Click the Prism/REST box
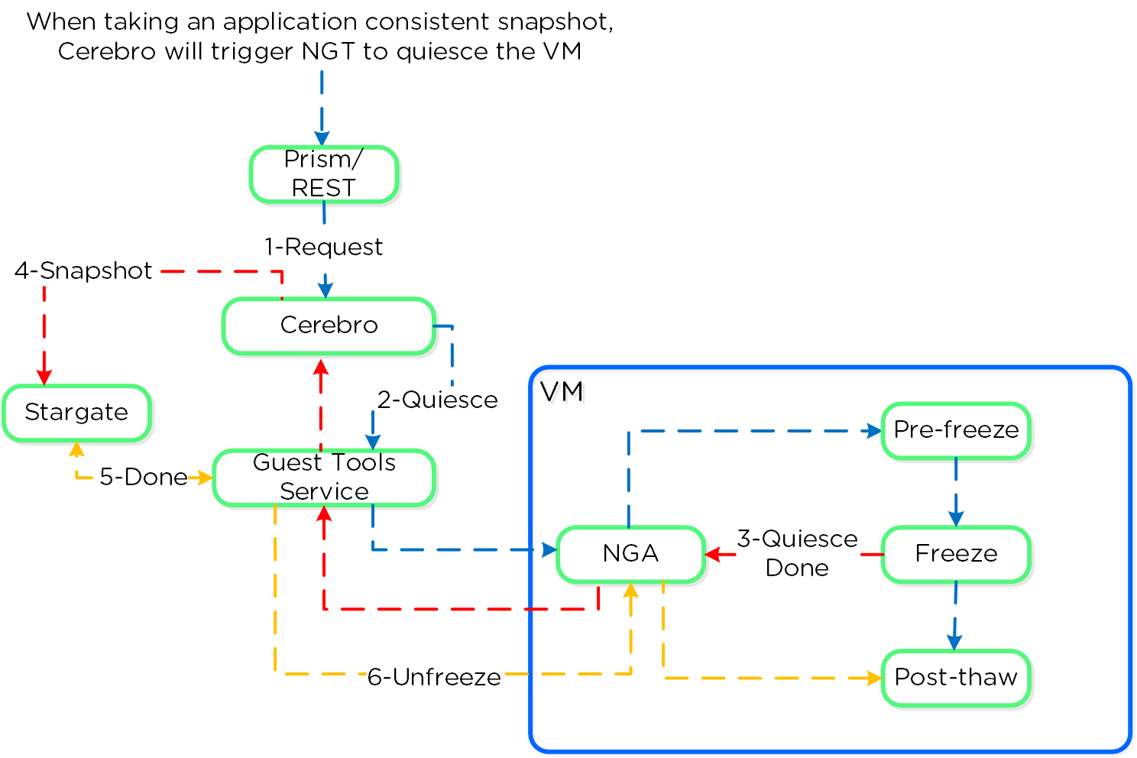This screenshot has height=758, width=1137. [324, 174]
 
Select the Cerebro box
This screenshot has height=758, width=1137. [329, 326]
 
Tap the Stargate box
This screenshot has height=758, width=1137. [76, 413]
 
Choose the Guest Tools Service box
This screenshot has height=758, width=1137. [324, 478]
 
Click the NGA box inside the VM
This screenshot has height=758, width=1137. [630, 554]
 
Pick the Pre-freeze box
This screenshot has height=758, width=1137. [956, 430]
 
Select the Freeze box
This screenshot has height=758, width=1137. [956, 554]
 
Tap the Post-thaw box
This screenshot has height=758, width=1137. [956, 678]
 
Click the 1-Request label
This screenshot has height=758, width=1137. [324, 248]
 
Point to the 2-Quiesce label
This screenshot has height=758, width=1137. [437, 400]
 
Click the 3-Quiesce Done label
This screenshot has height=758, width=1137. [797, 553]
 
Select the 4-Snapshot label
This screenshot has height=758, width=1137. [84, 271]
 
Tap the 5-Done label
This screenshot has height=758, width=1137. [143, 478]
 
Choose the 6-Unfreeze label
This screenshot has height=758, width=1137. [434, 677]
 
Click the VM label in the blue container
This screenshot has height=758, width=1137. [562, 392]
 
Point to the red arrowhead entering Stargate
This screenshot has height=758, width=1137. [44, 377]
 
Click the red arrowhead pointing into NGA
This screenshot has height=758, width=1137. [712, 554]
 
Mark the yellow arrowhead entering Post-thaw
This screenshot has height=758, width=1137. [874, 678]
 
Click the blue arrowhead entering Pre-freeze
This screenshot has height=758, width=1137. [874, 431]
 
